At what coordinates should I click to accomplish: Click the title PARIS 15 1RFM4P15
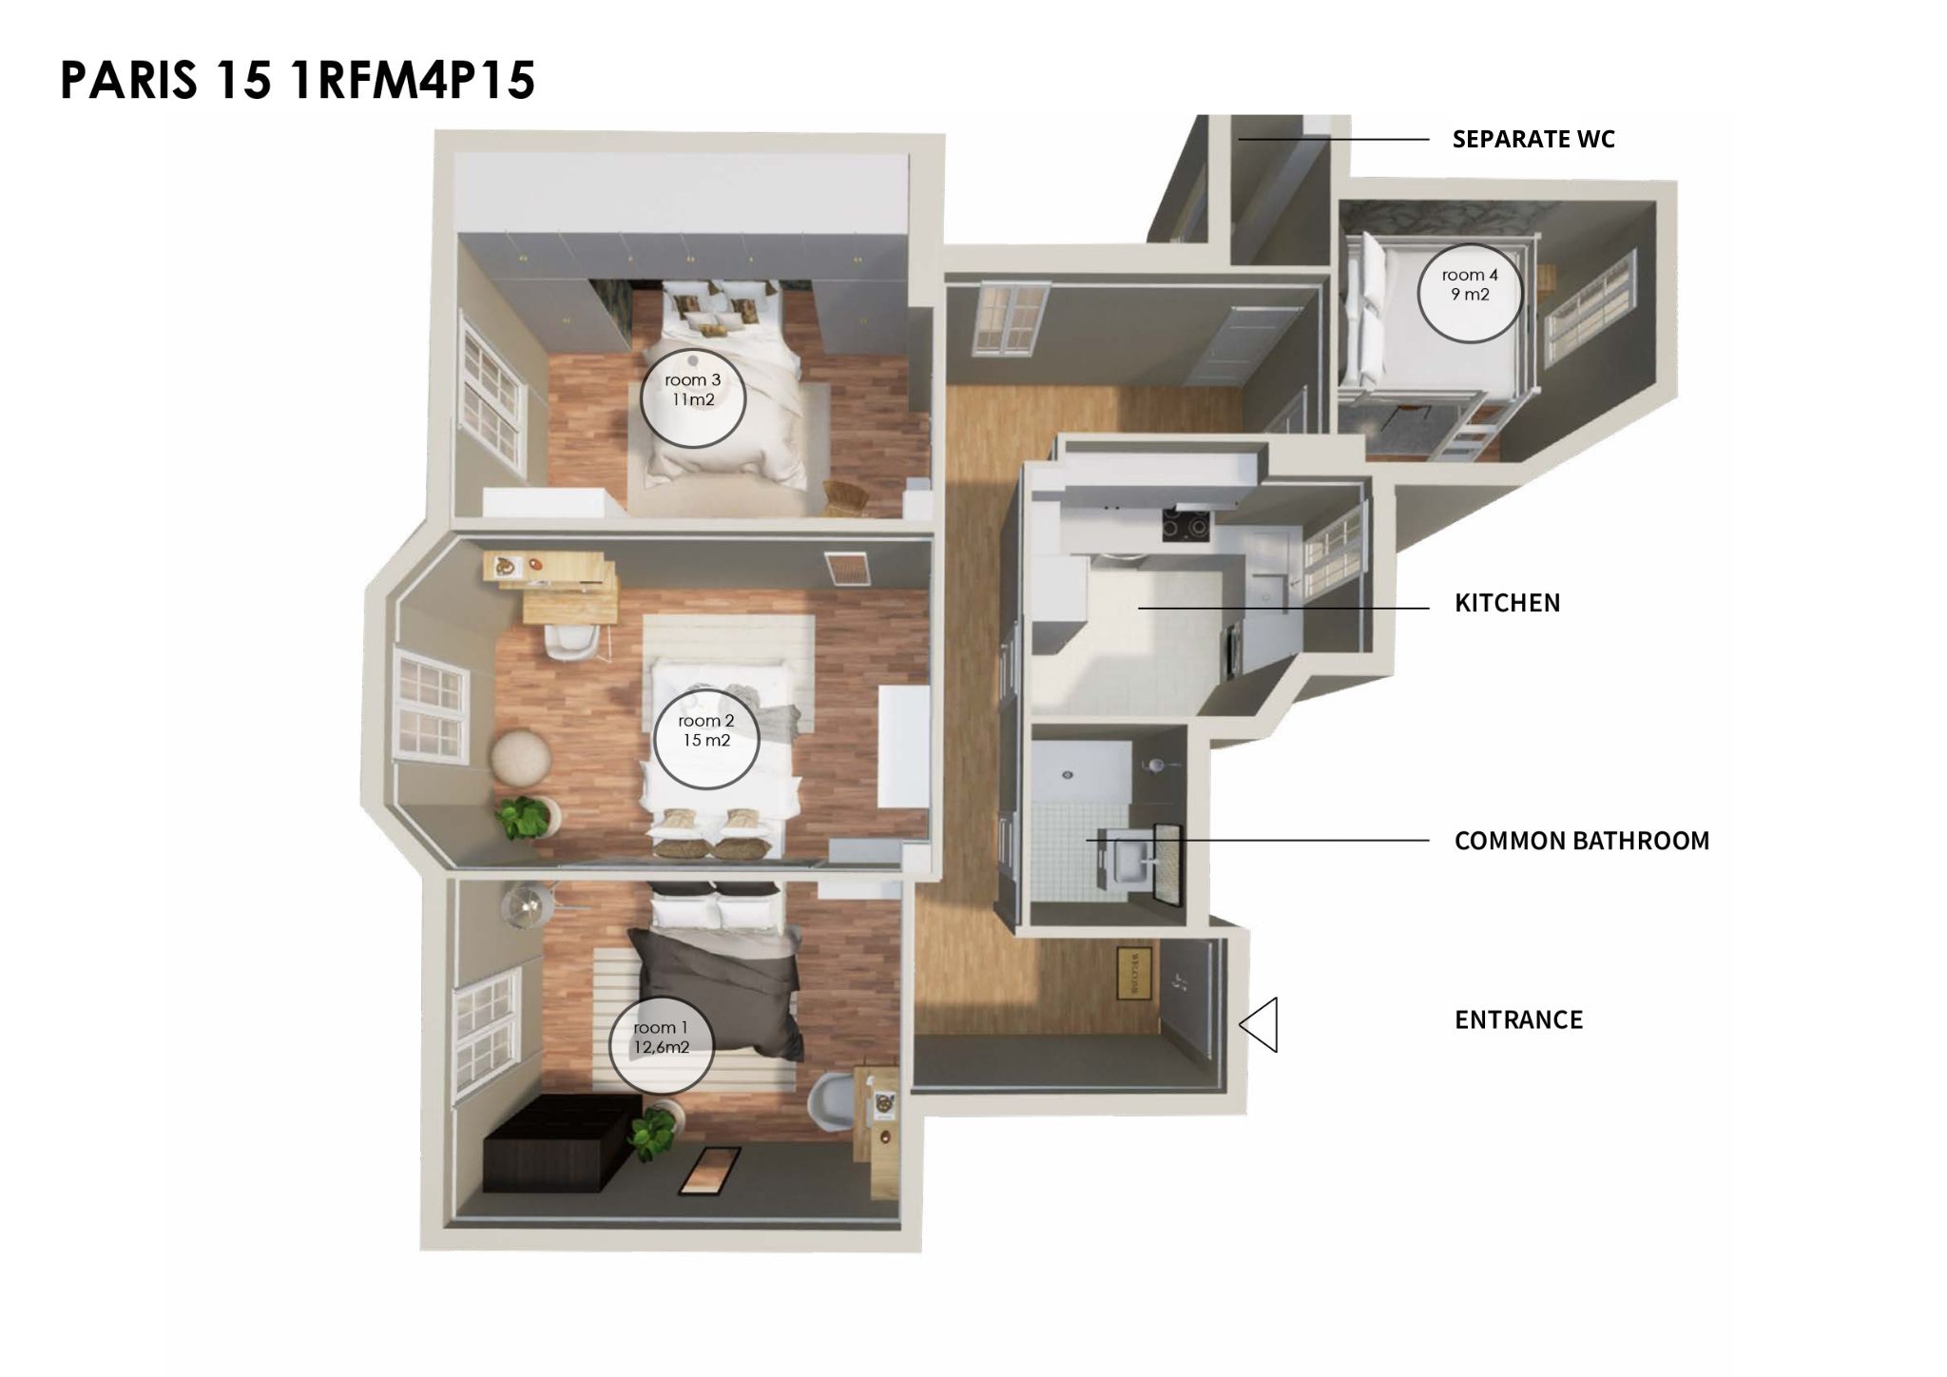click(298, 80)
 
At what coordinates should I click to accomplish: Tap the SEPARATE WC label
click(1533, 139)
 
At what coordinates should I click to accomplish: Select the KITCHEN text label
click(1507, 603)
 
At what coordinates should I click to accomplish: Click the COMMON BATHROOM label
click(1582, 841)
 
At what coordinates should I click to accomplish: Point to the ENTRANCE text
click(1518, 1019)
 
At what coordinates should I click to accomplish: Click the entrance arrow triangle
click(1258, 1024)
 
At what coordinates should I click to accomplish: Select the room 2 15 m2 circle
click(706, 738)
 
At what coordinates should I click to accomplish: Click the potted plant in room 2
click(524, 818)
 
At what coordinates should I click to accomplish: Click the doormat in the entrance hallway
click(1133, 972)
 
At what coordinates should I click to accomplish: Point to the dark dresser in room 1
click(561, 1141)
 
